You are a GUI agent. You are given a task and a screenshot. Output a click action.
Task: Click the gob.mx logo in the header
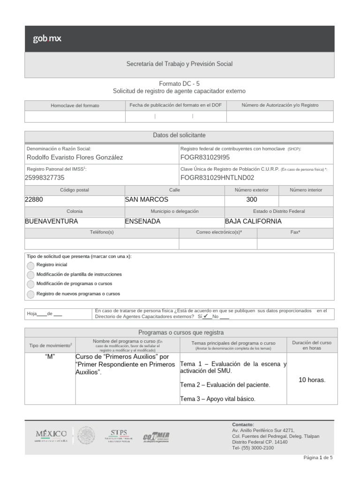47,39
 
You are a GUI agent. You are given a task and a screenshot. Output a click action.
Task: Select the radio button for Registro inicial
30,265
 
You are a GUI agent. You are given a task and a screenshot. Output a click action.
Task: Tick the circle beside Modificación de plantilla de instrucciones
30,275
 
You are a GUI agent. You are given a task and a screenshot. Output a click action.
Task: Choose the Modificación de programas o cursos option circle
30,284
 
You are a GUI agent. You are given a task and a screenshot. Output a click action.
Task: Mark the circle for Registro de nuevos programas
30,294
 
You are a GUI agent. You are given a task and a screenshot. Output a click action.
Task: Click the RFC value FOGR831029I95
205,157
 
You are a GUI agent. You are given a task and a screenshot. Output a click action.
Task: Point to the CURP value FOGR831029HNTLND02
217,178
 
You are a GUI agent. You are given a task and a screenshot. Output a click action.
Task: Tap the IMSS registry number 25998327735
45,178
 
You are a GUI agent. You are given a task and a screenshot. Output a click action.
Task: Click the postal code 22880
34,199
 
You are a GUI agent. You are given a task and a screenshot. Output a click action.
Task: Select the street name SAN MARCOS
146,199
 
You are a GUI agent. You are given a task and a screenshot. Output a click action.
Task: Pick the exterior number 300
252,199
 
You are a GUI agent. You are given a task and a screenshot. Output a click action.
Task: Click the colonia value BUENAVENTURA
51,221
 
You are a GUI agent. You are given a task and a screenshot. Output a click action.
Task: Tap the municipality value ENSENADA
142,221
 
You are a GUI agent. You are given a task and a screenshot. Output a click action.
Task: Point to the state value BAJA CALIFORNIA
253,221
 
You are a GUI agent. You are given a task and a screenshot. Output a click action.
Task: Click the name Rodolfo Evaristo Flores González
75,157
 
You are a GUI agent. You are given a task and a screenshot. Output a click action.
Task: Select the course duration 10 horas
312,380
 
